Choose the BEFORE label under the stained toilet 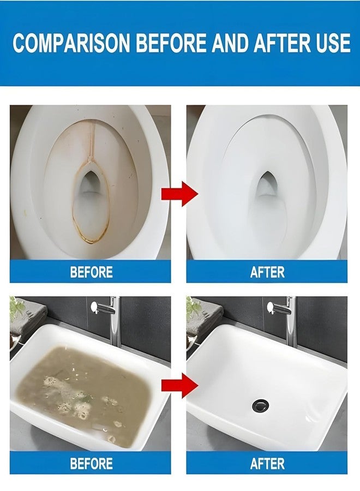click(x=91, y=272)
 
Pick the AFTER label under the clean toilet click(x=267, y=272)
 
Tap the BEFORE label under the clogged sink click(x=91, y=464)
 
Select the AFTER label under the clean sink click(x=267, y=464)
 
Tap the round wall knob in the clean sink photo click(x=271, y=307)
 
